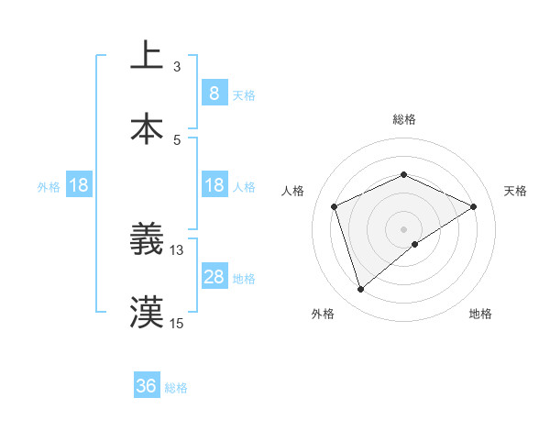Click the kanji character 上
coord(147,55)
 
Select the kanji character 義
coord(147,239)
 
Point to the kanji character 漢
coord(147,312)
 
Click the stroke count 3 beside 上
coord(177,67)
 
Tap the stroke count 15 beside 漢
coord(177,323)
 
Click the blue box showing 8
coord(214,94)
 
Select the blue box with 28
coord(214,277)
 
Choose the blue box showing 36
coord(147,386)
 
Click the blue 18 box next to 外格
coord(79,186)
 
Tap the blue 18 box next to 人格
coord(214,186)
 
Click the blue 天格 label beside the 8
coord(244,95)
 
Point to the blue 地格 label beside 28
coord(244,279)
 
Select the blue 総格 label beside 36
coord(176,388)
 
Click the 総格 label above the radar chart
coord(404,119)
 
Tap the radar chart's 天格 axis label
coord(515,191)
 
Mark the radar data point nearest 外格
coord(360,290)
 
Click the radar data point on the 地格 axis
coord(415,244)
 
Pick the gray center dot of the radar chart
coord(404,228)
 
